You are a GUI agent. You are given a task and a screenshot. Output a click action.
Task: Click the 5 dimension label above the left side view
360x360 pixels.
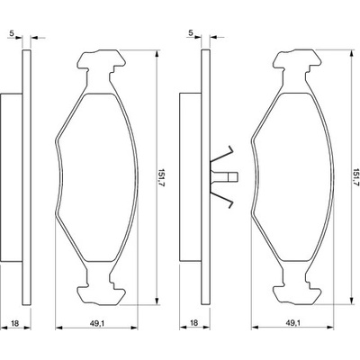[12, 33]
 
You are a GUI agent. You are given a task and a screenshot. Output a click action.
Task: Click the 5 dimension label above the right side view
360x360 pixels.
[191, 33]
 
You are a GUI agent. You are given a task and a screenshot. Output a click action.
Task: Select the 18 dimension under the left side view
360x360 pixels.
[14, 323]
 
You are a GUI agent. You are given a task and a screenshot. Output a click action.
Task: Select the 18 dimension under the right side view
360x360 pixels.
[194, 323]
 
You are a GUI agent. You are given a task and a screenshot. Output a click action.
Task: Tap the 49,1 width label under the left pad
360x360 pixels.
[97, 323]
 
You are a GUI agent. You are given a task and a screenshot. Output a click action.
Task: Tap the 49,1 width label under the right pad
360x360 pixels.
[292, 323]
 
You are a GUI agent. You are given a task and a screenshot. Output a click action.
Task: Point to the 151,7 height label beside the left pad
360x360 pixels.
[162, 177]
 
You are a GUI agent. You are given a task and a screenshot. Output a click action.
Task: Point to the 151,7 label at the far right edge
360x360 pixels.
[356, 177]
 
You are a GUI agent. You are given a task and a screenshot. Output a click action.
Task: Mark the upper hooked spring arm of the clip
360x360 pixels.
[222, 155]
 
